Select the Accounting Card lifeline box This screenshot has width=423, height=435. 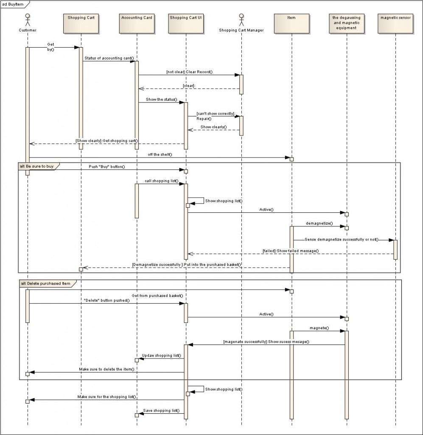click(x=137, y=23)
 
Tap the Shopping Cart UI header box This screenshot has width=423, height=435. click(x=185, y=23)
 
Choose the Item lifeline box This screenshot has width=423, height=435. click(x=291, y=23)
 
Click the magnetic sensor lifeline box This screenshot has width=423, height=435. click(x=395, y=23)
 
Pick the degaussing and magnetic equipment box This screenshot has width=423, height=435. click(x=346, y=23)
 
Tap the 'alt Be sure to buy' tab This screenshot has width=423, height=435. click(x=37, y=166)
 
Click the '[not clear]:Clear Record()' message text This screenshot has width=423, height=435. click(x=189, y=72)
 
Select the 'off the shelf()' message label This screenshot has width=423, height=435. click(x=160, y=154)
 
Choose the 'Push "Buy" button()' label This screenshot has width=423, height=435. click(x=107, y=167)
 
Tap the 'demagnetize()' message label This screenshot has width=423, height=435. click(x=319, y=223)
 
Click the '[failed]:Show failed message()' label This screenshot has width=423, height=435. click(x=291, y=251)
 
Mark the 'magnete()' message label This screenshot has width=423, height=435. click(x=319, y=328)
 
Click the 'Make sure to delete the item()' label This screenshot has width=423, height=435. click(x=106, y=369)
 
